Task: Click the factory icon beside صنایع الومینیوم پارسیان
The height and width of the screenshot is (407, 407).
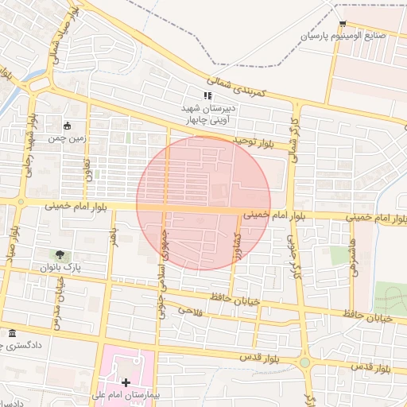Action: pos(343,24)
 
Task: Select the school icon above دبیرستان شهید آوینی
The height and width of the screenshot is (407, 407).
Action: pos(208,95)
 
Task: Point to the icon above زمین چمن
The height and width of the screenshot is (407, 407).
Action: pos(67,125)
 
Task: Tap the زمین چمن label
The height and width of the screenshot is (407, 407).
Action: pos(67,137)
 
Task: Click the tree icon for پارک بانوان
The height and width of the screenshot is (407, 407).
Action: pos(60,254)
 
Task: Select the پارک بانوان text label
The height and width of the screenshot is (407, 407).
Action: pos(60,267)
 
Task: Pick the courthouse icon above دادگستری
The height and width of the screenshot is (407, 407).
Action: pos(11,333)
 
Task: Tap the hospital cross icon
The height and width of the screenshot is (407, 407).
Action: pos(126,382)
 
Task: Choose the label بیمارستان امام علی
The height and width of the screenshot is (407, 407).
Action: pos(131,394)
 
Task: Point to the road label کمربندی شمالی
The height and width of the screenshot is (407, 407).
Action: pos(239,89)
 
